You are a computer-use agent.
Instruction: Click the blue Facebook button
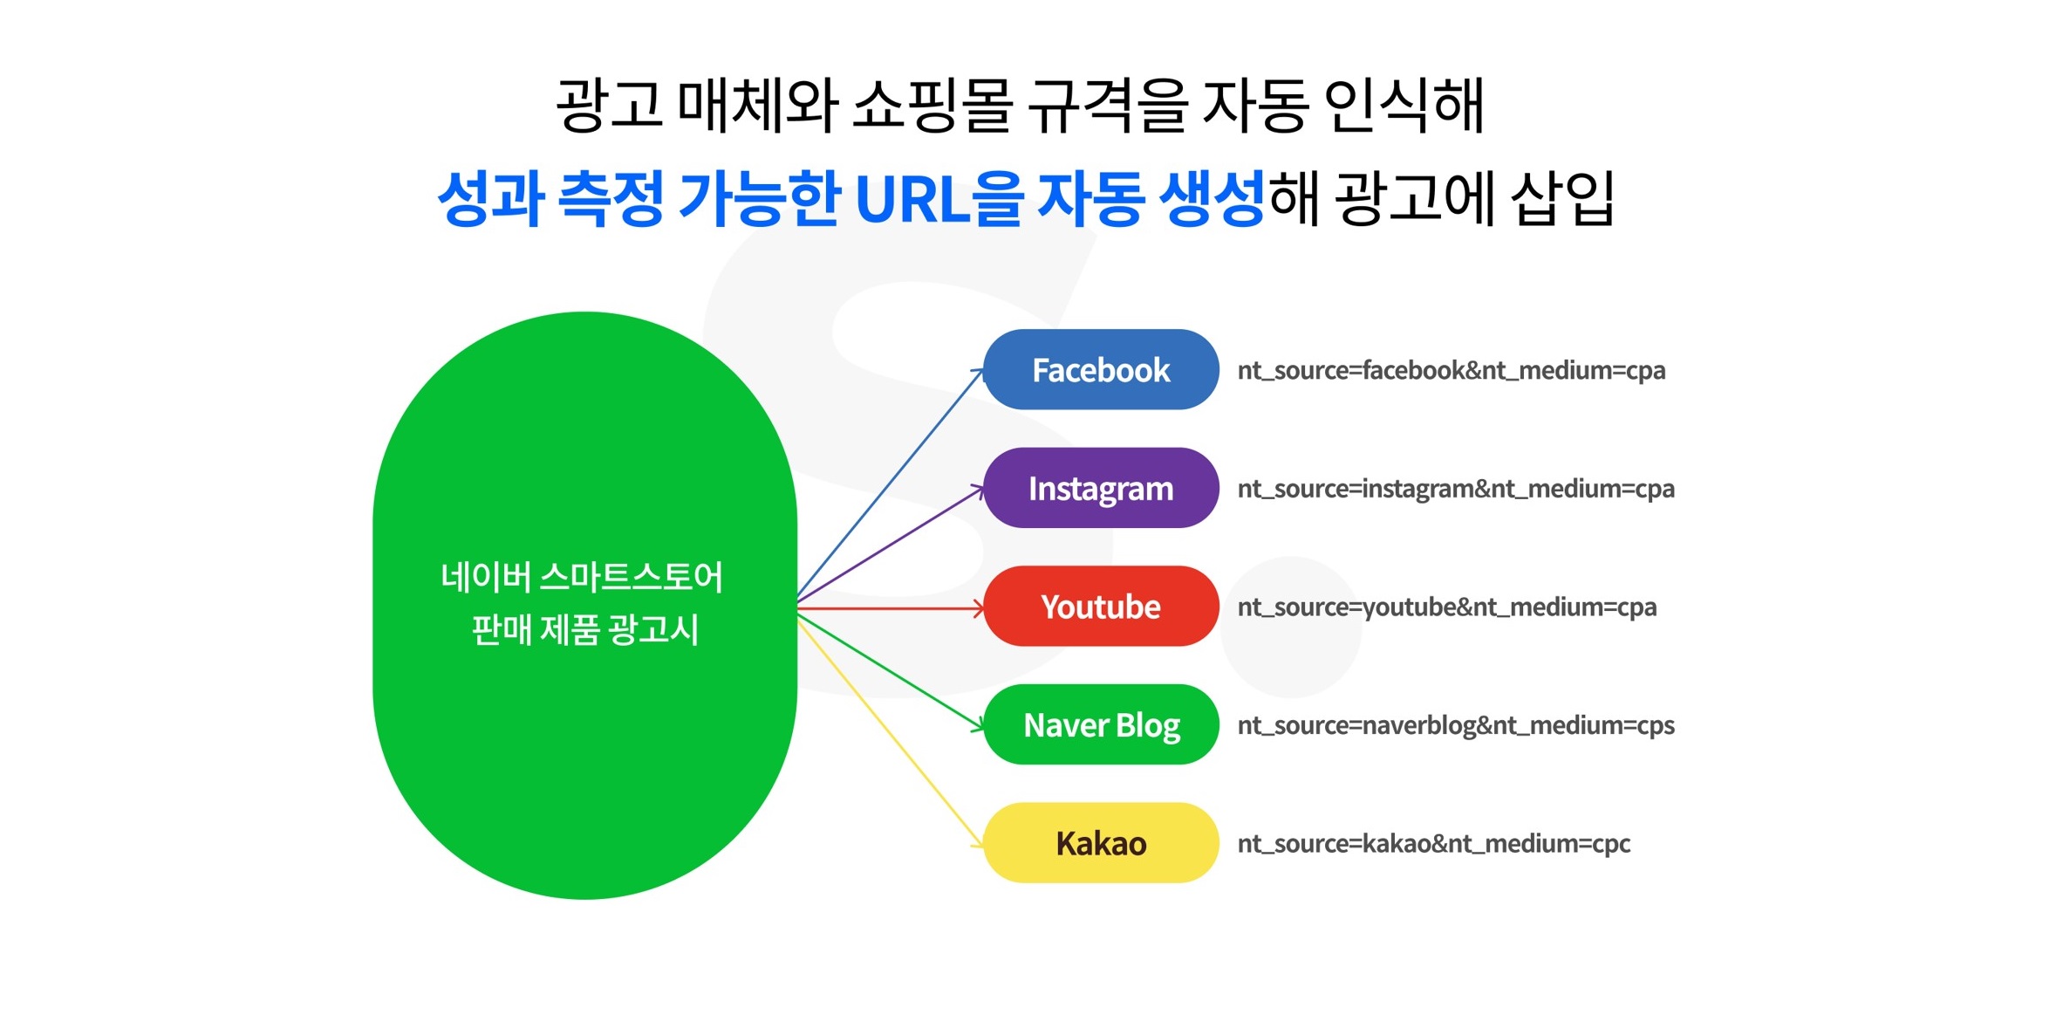click(1101, 369)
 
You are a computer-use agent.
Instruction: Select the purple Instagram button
click(1101, 488)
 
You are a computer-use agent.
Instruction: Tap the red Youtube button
click(1101, 606)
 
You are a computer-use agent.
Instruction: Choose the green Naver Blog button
click(1101, 724)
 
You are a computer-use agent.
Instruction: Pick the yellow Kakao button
click(1101, 843)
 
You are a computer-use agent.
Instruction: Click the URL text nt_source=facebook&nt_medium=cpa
click(1452, 371)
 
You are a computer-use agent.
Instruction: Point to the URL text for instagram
click(1456, 490)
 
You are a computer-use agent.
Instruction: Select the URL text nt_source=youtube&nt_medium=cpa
click(1447, 607)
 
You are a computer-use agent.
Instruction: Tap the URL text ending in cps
click(1456, 726)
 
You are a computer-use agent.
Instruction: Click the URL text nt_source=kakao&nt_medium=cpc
click(1434, 844)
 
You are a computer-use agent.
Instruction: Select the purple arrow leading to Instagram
click(891, 544)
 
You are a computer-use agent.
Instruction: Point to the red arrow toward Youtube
click(891, 607)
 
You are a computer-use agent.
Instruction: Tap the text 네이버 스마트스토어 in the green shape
click(582, 577)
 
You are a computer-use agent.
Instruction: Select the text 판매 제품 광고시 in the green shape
click(584, 629)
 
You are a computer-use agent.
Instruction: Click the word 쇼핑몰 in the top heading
click(932, 105)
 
